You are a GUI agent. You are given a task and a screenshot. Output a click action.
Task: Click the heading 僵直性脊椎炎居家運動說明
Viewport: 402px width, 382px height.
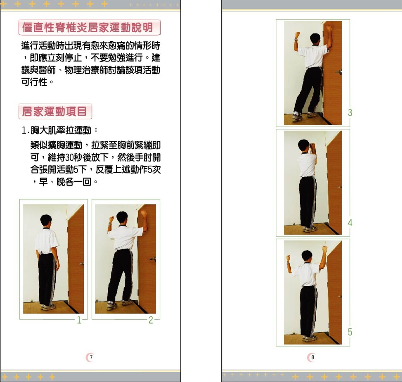coord(87,27)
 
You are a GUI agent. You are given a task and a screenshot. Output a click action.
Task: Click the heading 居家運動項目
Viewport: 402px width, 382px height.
coord(54,112)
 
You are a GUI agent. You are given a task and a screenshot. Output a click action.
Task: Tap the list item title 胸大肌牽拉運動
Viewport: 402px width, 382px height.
coord(61,130)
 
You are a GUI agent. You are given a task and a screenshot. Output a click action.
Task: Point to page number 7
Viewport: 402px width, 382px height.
coord(91,357)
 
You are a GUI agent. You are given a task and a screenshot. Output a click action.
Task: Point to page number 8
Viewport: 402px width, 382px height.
coord(312,357)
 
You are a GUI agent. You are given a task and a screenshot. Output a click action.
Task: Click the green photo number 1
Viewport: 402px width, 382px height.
coord(79,320)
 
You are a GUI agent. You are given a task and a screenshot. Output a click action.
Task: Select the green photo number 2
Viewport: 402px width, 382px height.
coord(151,320)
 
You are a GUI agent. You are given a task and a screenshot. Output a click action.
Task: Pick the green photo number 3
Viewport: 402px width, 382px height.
coord(350,113)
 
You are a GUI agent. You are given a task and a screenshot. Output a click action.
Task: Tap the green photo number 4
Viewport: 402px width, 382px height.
coord(350,223)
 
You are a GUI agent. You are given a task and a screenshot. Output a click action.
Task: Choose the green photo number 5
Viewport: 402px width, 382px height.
coord(350,332)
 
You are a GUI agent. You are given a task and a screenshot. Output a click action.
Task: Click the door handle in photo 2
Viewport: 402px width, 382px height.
coord(153,259)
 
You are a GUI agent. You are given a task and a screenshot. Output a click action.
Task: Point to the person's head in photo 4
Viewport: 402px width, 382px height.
coord(304,146)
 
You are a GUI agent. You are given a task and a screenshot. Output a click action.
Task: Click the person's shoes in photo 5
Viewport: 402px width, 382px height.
coord(310,339)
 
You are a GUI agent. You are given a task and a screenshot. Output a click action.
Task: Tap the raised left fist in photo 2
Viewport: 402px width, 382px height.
coord(111,219)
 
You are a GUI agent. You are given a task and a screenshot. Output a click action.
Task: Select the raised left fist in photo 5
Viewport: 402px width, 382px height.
coord(288,258)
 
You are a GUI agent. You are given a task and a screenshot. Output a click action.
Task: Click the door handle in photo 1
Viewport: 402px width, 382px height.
coord(82,263)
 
